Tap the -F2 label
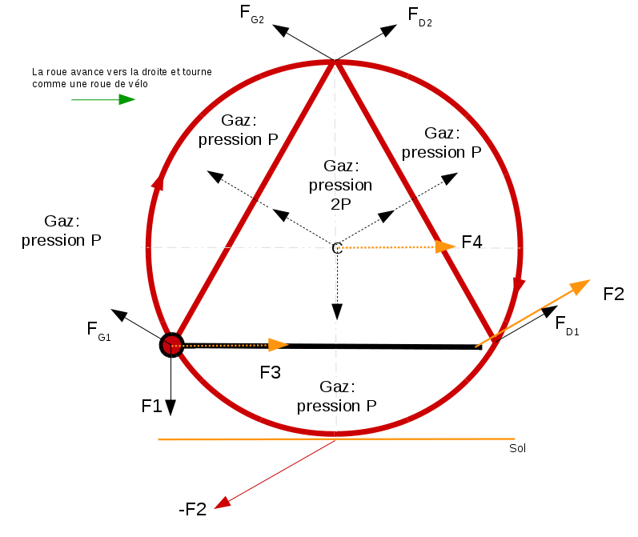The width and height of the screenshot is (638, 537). tap(192, 509)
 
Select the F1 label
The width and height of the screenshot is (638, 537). tap(152, 406)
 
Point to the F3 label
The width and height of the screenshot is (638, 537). tap(271, 372)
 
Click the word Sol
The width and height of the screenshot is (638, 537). tap(517, 448)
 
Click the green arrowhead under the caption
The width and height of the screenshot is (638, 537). tap(126, 99)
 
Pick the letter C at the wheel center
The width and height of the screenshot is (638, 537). tap(337, 249)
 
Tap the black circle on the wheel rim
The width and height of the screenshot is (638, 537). tap(171, 345)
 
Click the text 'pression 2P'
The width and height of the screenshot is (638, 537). tap(340, 194)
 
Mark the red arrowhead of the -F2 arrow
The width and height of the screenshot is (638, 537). tap(223, 502)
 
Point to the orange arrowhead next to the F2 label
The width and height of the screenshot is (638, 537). tap(580, 286)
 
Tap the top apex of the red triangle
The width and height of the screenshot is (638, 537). tap(335, 62)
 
